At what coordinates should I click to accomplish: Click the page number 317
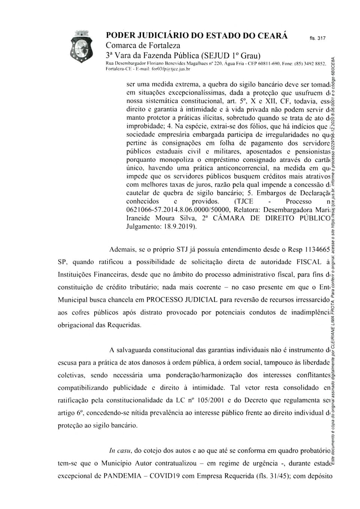point(318,38)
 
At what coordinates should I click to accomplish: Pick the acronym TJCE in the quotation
point(244,201)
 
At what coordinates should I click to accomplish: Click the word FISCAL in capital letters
point(309,262)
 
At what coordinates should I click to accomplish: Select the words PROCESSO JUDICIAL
point(182,300)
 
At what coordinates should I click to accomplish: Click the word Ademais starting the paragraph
point(123,249)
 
